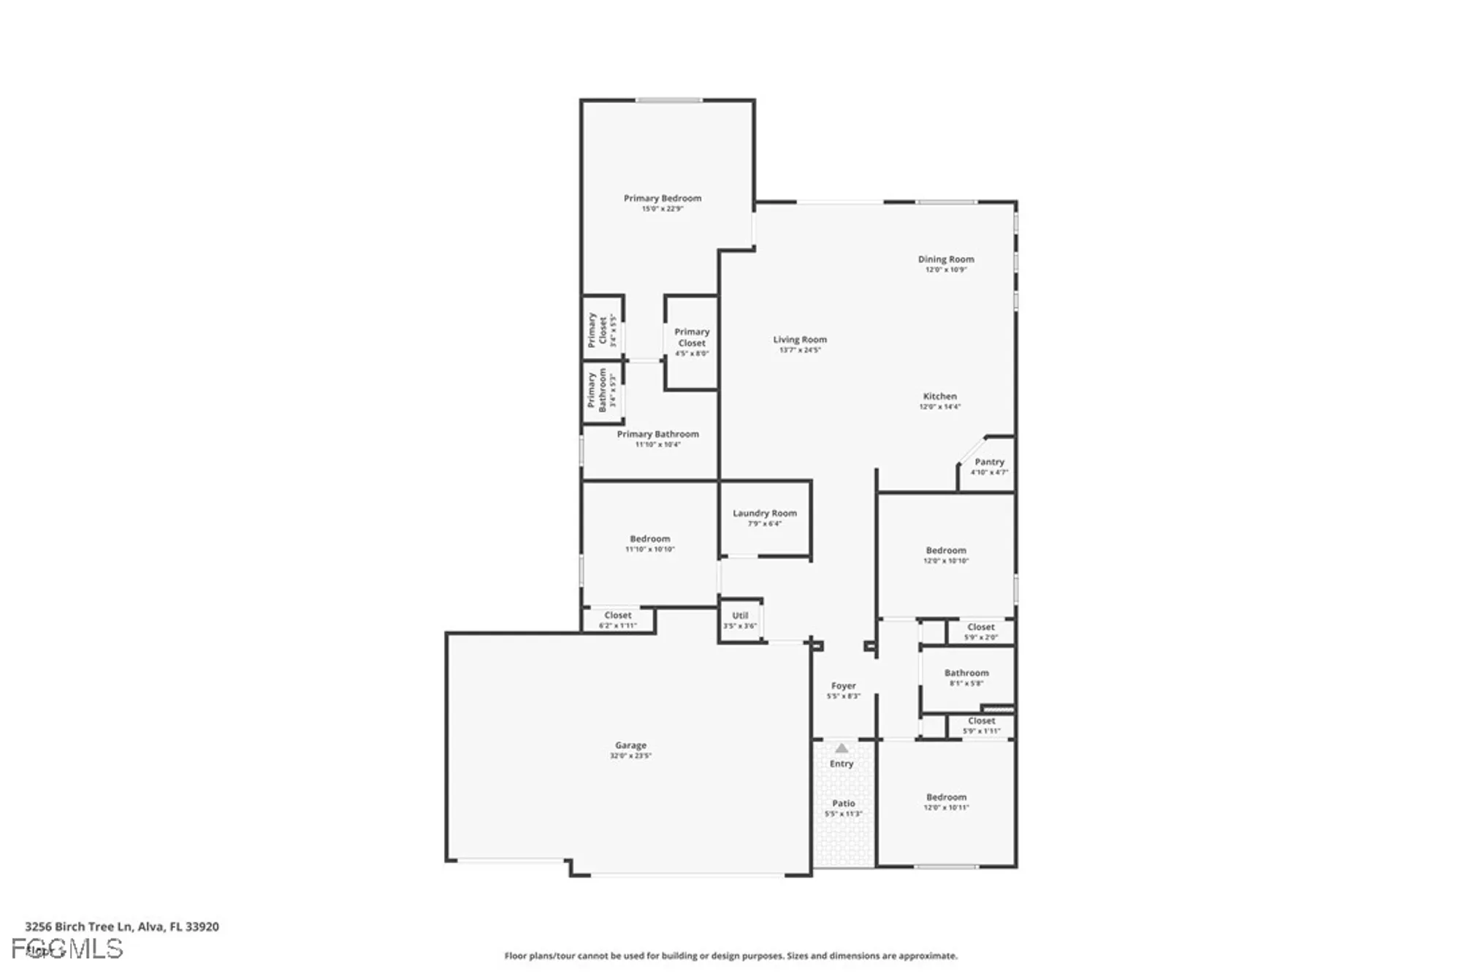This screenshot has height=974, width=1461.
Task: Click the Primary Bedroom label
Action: (662, 198)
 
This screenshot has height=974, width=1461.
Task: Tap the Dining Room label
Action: (945, 259)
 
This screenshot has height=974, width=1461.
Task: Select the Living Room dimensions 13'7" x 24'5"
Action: (800, 350)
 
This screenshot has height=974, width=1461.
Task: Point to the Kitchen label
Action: (939, 396)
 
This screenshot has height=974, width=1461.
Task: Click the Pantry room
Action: (989, 465)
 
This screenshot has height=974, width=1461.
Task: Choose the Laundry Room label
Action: (764, 513)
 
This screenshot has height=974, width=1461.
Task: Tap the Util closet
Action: (740, 620)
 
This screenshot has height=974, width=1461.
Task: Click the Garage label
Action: (630, 745)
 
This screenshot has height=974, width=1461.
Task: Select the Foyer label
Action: (843, 685)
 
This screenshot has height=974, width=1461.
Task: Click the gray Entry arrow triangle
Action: (842, 748)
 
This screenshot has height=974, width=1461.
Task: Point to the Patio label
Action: (843, 803)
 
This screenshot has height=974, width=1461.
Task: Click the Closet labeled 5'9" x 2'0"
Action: (980, 631)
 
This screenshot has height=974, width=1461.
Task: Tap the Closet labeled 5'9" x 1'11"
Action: (981, 725)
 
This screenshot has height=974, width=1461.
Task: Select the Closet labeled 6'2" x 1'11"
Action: (617, 620)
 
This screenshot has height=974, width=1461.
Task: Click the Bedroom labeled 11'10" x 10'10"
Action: (649, 543)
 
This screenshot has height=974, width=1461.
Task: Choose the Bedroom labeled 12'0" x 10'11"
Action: (946, 802)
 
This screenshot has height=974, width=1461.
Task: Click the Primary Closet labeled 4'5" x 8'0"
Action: (691, 341)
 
